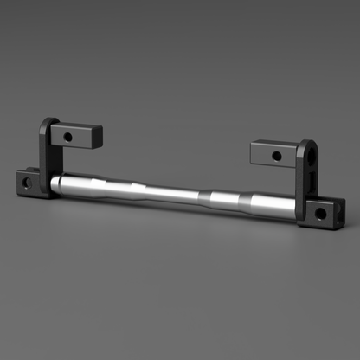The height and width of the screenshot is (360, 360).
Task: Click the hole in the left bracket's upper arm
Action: click(x=67, y=136)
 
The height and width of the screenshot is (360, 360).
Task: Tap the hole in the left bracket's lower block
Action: click(x=26, y=183)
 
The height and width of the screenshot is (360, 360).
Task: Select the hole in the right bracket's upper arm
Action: click(x=276, y=157)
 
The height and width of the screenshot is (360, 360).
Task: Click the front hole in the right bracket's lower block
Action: click(x=320, y=212)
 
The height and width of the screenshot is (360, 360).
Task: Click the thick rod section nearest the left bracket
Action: click(x=91, y=184)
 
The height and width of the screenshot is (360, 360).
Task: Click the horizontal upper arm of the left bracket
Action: click(x=78, y=134)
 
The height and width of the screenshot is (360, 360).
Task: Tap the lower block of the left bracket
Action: click(x=29, y=182)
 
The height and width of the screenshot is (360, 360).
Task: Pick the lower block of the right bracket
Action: click(x=325, y=209)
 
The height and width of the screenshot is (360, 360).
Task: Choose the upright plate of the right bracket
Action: click(x=305, y=173)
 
